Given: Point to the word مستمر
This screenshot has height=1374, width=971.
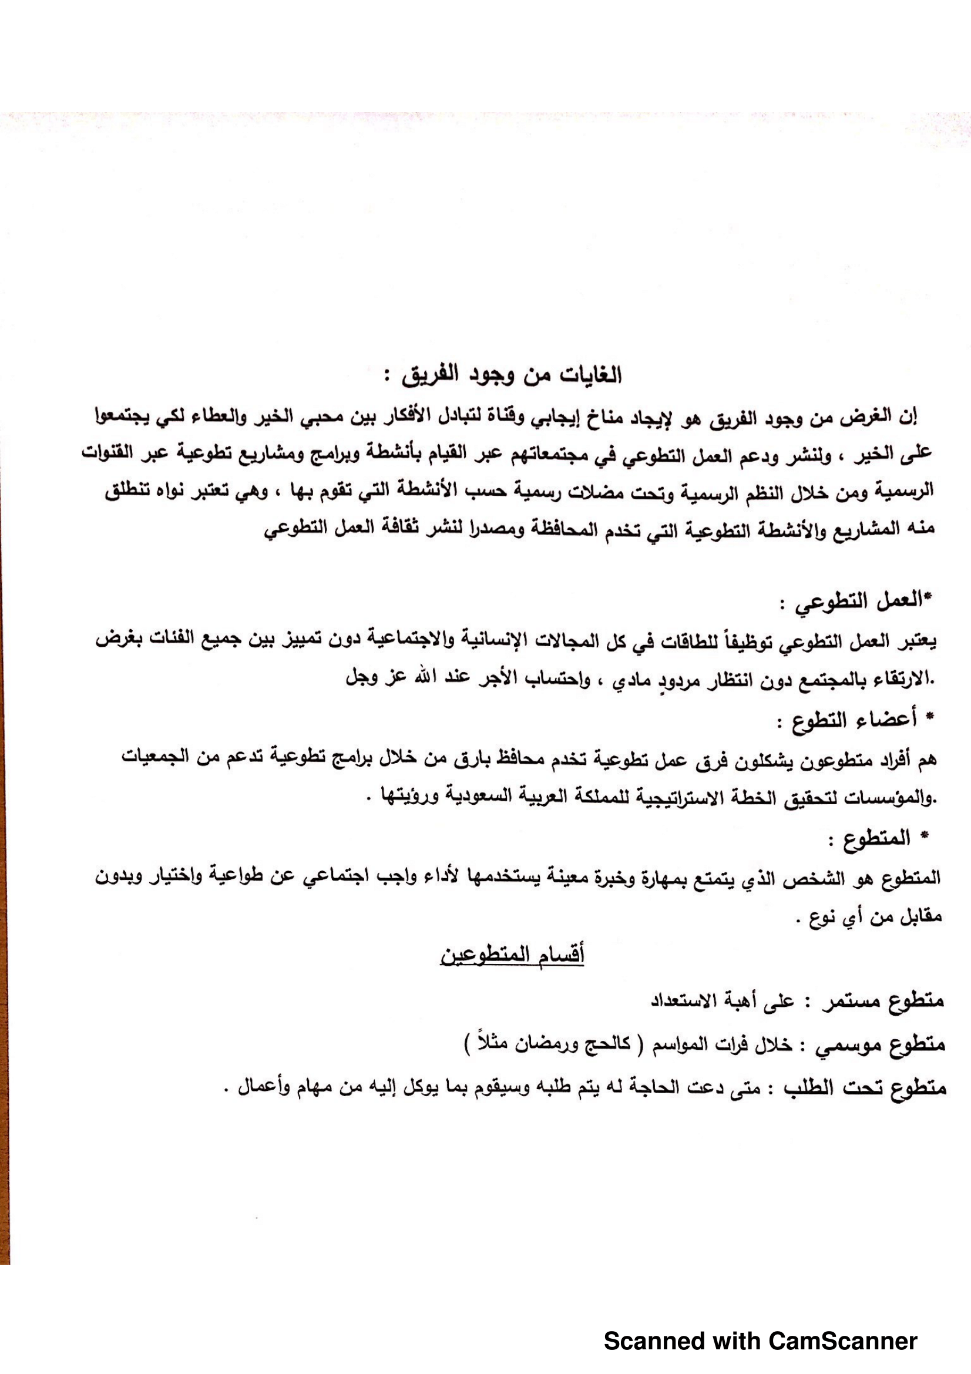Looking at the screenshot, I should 849,1002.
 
